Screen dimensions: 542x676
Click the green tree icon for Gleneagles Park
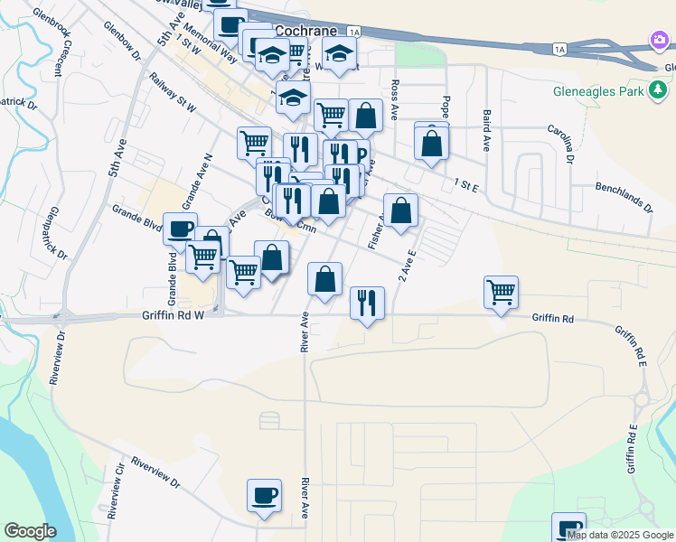click(659, 90)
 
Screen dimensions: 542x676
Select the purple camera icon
click(659, 38)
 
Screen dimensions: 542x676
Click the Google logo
click(30, 530)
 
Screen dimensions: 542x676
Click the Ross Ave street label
click(395, 98)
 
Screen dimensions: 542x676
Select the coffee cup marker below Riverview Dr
click(264, 496)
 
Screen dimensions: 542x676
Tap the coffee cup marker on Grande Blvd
click(180, 229)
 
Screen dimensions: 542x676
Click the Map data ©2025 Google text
click(621, 535)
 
